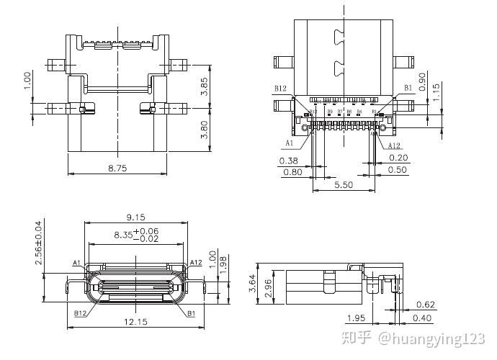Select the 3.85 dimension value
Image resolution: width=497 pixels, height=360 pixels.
[x=204, y=86]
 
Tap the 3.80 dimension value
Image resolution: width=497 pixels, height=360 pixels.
[x=204, y=130]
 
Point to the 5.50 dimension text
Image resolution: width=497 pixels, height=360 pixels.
[x=344, y=185]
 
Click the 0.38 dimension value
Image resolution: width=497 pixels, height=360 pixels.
[x=288, y=160]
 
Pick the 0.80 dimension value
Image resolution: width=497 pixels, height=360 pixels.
[x=292, y=172]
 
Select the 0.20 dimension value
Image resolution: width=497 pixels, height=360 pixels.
[x=398, y=158]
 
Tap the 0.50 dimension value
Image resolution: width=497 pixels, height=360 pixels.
[x=398, y=170]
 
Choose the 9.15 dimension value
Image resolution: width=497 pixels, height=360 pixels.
[x=136, y=217]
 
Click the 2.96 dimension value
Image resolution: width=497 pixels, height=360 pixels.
[x=267, y=286]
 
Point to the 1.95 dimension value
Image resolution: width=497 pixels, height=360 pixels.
[x=356, y=318]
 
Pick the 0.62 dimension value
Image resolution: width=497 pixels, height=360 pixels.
[x=426, y=305]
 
